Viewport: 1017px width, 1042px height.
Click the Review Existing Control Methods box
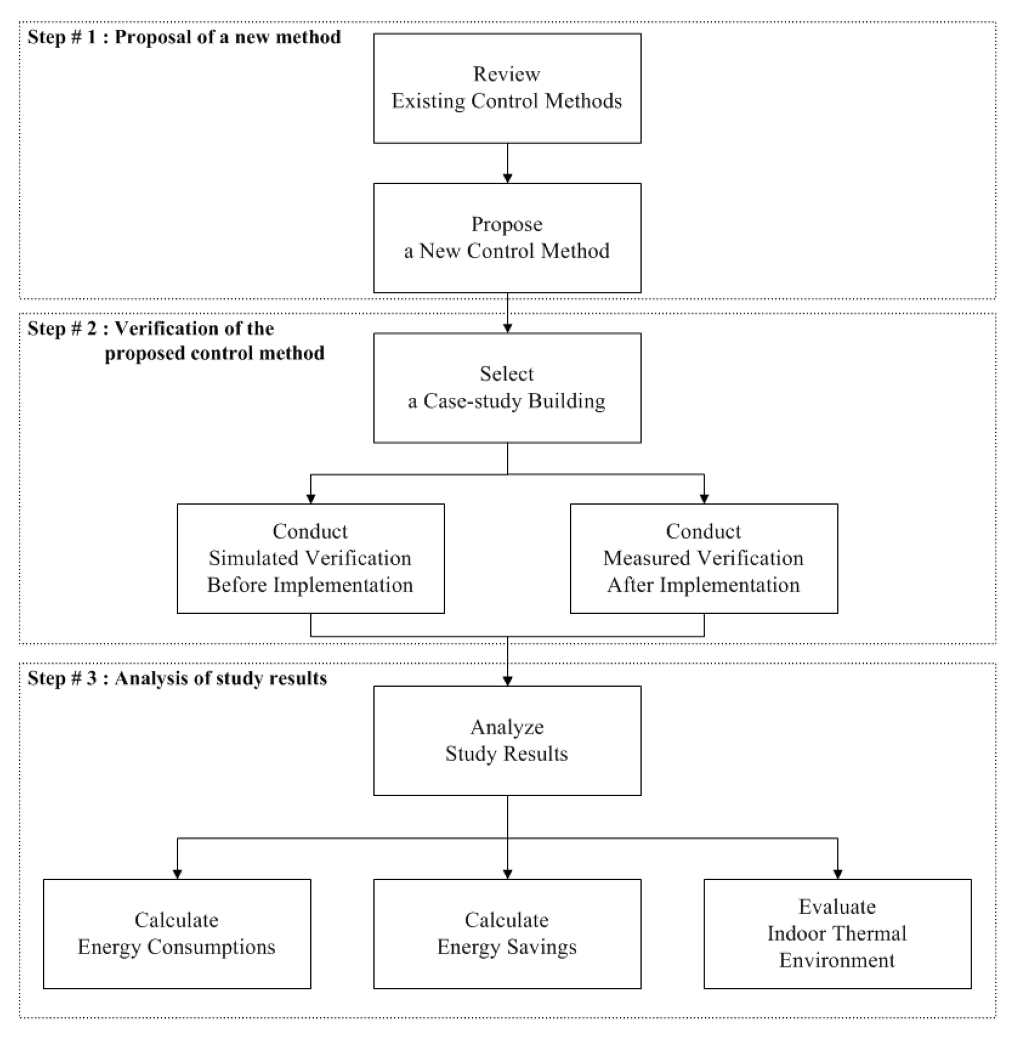(507, 88)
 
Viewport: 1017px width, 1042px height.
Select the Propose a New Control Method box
(507, 238)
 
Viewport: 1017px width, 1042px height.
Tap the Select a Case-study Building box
(507, 388)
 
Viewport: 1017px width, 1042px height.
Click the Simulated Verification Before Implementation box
(310, 558)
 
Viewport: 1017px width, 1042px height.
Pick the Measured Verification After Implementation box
(704, 558)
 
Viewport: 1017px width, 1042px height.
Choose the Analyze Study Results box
(507, 740)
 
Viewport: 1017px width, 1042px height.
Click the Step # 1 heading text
(184, 37)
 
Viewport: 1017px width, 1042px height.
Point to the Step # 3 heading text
(177, 678)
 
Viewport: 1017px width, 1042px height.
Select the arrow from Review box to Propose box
(507, 163)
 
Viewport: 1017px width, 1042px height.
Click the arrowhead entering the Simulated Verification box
(311, 498)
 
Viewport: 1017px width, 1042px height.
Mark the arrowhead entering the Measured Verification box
(704, 498)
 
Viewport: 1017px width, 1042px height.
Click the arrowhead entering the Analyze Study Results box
(507, 680)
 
